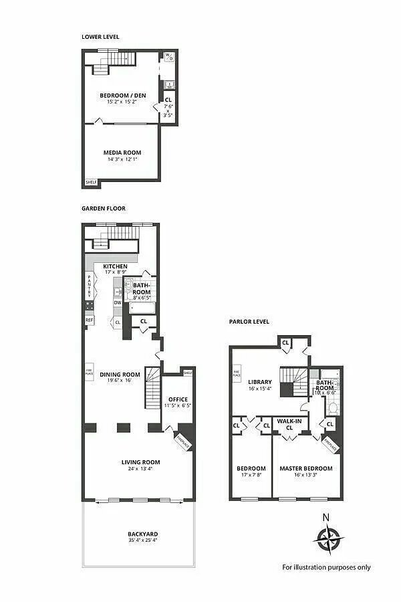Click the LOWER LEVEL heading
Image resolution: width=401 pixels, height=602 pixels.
point(100,36)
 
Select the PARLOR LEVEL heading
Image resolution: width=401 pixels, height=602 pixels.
point(249,322)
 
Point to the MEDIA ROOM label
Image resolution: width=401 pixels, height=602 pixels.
point(122,153)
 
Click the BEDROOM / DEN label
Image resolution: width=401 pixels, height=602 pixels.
point(122,95)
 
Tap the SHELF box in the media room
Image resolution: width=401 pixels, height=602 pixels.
point(91,182)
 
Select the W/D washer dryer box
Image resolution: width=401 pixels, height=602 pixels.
point(170,58)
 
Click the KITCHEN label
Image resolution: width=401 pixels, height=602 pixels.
point(115,266)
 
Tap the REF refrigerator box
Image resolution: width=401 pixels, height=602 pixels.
point(89,320)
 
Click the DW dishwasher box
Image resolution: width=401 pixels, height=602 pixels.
point(118,302)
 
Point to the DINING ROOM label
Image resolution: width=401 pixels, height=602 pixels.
point(120,375)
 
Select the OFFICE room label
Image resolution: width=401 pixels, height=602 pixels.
point(177,399)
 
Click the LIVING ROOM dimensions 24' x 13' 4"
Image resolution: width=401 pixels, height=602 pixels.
point(140,469)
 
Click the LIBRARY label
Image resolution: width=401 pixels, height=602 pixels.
point(260,382)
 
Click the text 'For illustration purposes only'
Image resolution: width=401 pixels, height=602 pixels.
point(326,567)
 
